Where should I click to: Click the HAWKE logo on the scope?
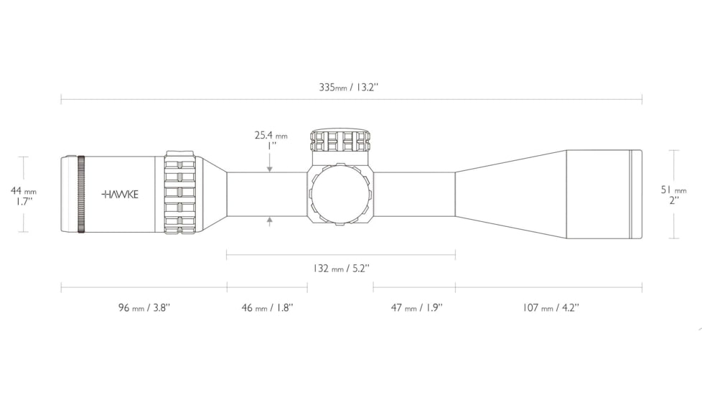pyautogui.click(x=120, y=195)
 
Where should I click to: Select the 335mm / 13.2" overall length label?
pyautogui.click(x=349, y=87)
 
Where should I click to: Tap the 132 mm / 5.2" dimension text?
pyautogui.click(x=341, y=269)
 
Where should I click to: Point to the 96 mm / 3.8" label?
pyautogui.click(x=144, y=307)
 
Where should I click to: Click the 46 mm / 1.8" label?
pyautogui.click(x=267, y=307)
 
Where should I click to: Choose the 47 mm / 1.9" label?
pyautogui.click(x=417, y=307)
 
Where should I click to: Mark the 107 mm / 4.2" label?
pyautogui.click(x=551, y=307)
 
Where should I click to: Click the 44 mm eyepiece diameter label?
pyautogui.click(x=23, y=191)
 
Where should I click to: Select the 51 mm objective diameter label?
pyautogui.click(x=674, y=190)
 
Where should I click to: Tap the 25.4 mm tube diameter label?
pyautogui.click(x=271, y=135)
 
